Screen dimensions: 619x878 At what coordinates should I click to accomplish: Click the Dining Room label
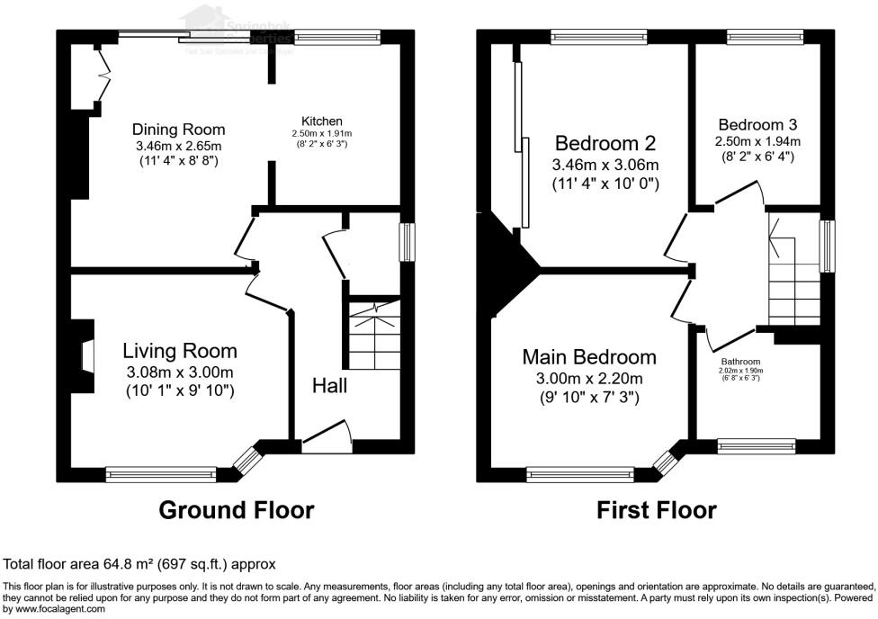[x=178, y=130]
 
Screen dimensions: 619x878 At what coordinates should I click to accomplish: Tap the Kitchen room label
[x=321, y=121]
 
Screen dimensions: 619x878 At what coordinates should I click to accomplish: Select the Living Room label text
[x=180, y=351]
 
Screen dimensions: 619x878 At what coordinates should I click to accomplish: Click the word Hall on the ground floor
[x=330, y=386]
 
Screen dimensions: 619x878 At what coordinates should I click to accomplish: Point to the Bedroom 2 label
[x=605, y=143]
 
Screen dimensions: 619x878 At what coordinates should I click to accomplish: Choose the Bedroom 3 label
[x=757, y=125]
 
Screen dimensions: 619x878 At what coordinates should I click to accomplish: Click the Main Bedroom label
[x=589, y=357]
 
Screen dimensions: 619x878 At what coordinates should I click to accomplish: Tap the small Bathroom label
[x=740, y=362]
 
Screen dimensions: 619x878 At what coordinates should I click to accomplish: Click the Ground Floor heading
[x=237, y=510]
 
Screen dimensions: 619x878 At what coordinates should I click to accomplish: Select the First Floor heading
[x=657, y=510]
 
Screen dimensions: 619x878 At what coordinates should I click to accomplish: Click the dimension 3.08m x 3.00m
[x=180, y=372]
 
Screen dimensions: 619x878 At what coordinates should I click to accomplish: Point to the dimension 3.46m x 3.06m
[x=605, y=165]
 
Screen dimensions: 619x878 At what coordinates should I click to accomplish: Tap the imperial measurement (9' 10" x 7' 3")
[x=589, y=398]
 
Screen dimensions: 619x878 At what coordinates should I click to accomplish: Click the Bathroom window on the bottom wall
[x=756, y=444]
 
